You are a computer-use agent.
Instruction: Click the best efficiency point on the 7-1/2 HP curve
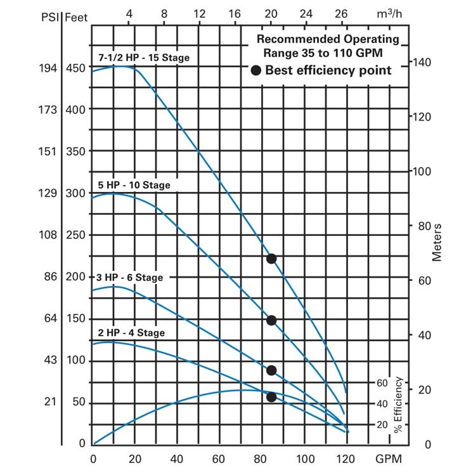271,258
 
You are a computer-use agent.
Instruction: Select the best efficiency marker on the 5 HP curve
271,320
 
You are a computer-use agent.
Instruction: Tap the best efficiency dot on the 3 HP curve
271,370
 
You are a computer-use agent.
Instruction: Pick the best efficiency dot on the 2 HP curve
271,397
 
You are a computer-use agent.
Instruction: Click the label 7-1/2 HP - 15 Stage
144,58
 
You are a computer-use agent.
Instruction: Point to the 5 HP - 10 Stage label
134,185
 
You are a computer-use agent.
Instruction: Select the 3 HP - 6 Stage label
130,278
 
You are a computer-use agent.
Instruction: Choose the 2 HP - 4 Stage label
131,333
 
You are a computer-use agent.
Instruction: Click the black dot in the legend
256,71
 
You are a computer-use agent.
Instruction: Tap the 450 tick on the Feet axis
75,68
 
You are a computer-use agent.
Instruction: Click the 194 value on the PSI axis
49,68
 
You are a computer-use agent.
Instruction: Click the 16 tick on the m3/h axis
235,14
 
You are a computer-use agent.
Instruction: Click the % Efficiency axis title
398,405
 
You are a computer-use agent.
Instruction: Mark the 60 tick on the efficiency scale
381,383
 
